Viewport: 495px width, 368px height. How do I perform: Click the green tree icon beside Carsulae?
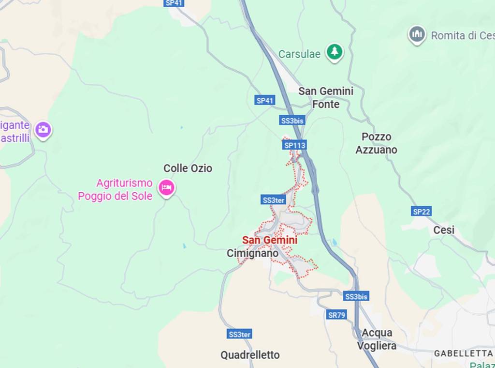point(334,52)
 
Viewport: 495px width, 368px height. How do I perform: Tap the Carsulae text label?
point(299,54)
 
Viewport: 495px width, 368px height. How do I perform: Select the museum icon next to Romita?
point(416,35)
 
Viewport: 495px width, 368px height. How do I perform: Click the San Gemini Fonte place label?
point(325,97)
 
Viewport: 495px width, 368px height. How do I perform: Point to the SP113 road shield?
point(294,145)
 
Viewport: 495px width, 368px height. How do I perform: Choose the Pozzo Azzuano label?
point(376,143)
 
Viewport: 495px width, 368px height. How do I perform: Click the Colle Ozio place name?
point(188,168)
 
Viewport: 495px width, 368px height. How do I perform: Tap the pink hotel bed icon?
point(167,187)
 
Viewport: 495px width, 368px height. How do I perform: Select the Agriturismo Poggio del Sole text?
point(116,189)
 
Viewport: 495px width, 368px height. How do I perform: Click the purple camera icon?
point(43,129)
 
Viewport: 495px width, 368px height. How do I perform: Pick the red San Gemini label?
point(269,240)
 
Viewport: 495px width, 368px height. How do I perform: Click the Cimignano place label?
point(252,253)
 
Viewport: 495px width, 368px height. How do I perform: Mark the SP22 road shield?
point(422,211)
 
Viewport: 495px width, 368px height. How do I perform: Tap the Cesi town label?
point(443,230)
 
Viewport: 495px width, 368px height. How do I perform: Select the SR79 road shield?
point(336,315)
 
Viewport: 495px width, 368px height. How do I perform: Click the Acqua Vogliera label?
point(377,339)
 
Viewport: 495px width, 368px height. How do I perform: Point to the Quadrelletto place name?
point(250,355)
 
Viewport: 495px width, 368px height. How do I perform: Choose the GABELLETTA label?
point(463,353)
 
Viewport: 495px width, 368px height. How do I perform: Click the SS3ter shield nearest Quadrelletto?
point(239,334)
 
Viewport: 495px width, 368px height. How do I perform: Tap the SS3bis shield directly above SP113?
point(292,120)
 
